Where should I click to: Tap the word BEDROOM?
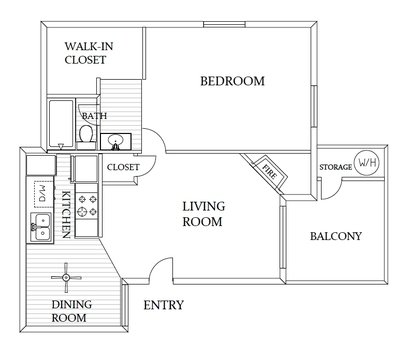coord(231,81)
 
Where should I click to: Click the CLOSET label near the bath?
coord(122,167)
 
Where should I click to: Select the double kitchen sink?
coord(41,226)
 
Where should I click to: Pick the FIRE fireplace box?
coord(268,171)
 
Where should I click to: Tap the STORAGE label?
coord(334,165)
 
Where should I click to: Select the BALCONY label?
coord(336,237)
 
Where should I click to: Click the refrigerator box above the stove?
coord(87,170)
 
